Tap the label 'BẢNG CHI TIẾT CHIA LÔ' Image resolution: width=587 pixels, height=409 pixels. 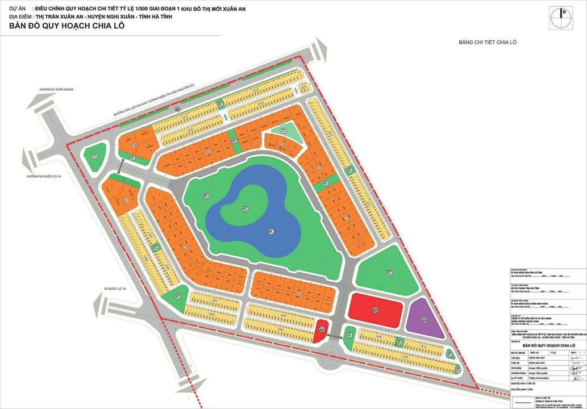pyautogui.click(x=487, y=43)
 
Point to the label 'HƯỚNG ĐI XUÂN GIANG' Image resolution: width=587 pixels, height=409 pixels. pyautogui.click(x=56, y=90)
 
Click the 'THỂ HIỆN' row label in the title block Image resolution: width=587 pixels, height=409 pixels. pyautogui.click(x=515, y=358)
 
